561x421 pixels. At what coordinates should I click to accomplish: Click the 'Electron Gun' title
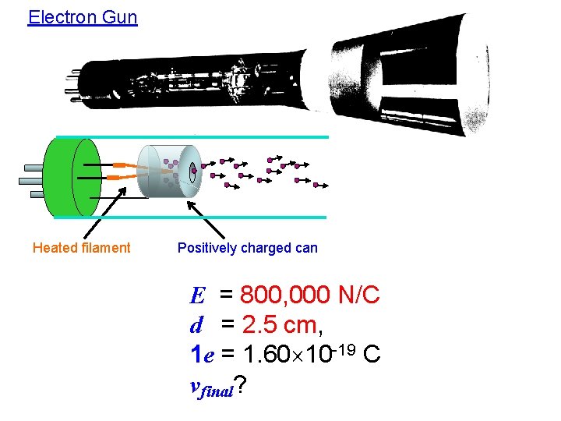(82, 16)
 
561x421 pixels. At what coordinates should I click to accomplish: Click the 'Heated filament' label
(82, 248)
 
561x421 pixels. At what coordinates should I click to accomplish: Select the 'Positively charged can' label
(248, 248)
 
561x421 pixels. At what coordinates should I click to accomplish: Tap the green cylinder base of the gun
(70, 177)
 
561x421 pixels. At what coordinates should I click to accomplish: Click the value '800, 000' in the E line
(287, 295)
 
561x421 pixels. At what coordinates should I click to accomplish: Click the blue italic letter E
(198, 296)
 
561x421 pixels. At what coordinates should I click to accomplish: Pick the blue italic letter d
(197, 324)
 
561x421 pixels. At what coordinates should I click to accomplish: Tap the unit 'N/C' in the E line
(359, 295)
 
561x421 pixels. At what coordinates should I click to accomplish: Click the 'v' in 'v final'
(196, 384)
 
